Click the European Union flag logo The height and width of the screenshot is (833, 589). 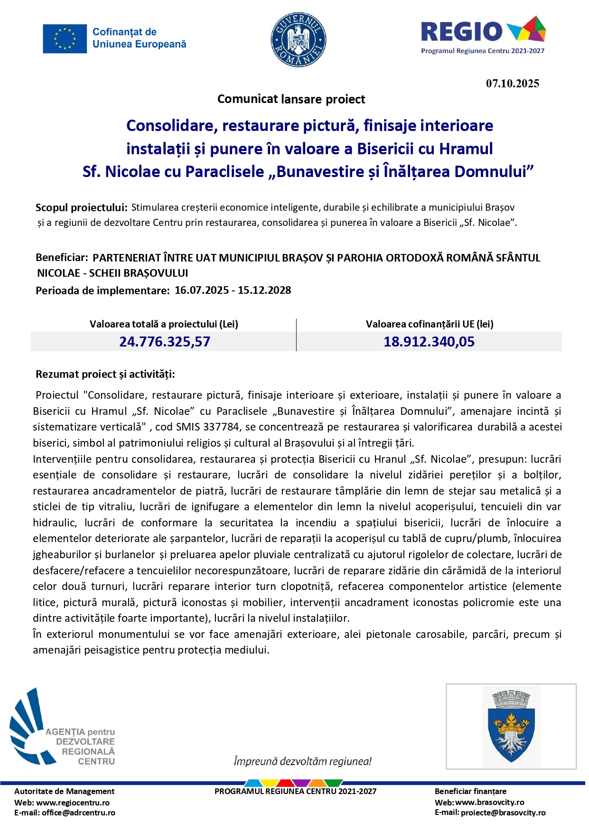point(65,39)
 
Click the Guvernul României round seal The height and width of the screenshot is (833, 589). point(299,40)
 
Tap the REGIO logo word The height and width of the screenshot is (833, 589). point(461,32)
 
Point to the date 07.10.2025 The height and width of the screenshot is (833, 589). point(512,84)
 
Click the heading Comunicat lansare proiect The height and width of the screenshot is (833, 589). point(291,99)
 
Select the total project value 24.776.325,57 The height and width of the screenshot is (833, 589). point(164,342)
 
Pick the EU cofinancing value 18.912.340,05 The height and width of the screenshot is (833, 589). point(429,342)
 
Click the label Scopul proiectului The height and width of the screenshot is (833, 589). point(81,207)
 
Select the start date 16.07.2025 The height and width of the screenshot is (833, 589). point(201,290)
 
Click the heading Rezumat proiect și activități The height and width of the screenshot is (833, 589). point(105,374)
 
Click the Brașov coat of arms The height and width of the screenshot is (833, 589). point(511,726)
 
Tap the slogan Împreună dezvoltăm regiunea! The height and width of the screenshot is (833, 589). point(302,761)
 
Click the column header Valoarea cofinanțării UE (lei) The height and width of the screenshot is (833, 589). point(429,324)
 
